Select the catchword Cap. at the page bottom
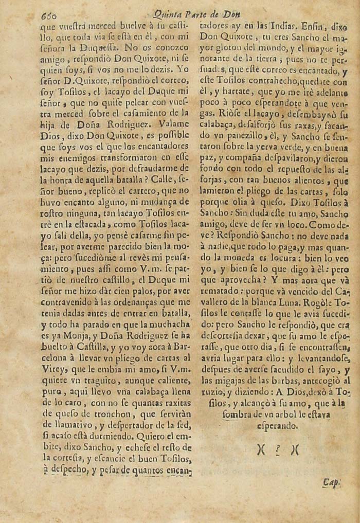pos(332,482)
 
